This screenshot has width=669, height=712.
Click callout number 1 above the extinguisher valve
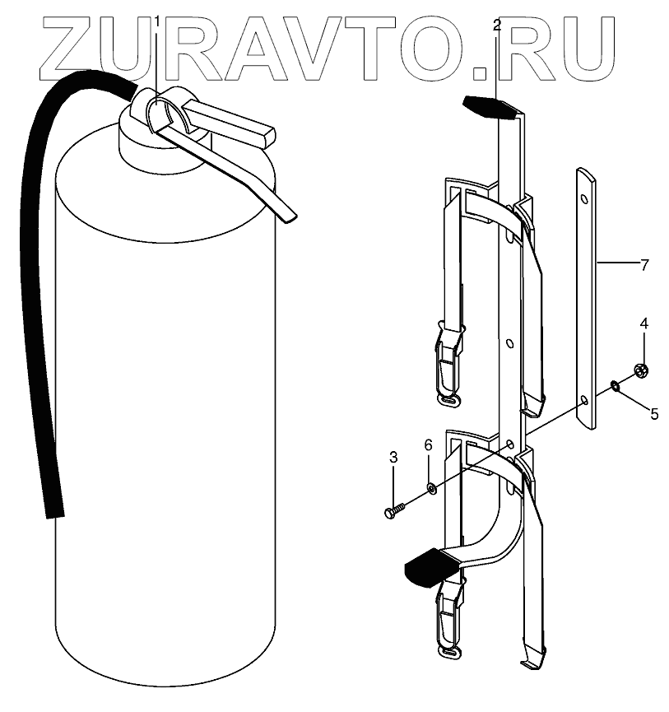pyautogui.click(x=156, y=19)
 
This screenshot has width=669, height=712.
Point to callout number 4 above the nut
pyautogui.click(x=644, y=323)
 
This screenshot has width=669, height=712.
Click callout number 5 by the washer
pyautogui.click(x=654, y=414)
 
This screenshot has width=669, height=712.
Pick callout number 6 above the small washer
pyautogui.click(x=428, y=445)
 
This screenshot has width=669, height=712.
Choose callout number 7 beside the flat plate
pyautogui.click(x=644, y=265)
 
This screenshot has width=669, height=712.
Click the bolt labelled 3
pyautogui.click(x=394, y=510)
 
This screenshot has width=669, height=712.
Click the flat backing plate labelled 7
pyautogui.click(x=585, y=296)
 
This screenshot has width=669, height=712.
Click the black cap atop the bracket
pyautogui.click(x=490, y=106)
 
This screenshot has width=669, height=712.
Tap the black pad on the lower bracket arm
pyautogui.click(x=429, y=568)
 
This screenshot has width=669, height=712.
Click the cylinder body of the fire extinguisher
pyautogui.click(x=165, y=412)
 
